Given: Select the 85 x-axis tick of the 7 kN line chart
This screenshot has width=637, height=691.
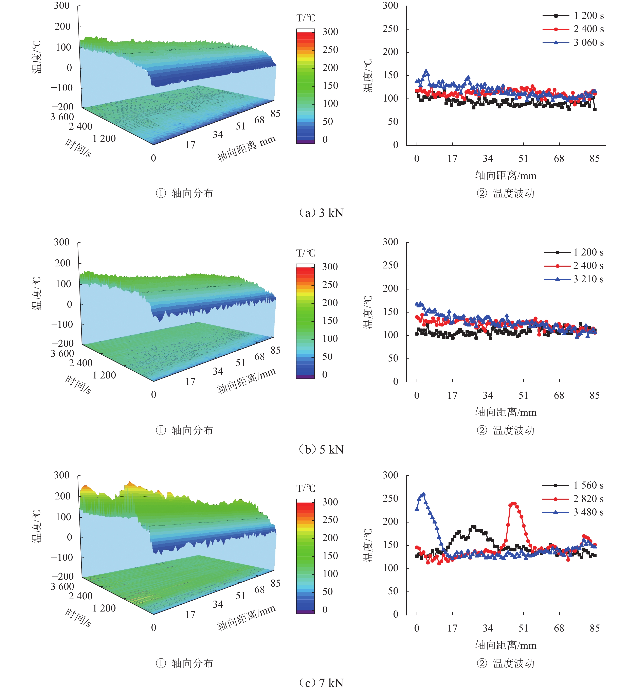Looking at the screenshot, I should pyautogui.click(x=595, y=628).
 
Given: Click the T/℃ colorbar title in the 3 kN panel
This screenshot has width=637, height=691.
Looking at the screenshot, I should pyautogui.click(x=306, y=18).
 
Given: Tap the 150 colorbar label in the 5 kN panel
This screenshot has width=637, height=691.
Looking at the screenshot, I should pyautogui.click(x=330, y=321).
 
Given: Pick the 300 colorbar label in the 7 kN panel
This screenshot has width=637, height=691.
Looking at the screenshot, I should pyautogui.click(x=330, y=502).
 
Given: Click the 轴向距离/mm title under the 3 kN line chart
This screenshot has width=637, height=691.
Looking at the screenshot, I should pyautogui.click(x=506, y=176).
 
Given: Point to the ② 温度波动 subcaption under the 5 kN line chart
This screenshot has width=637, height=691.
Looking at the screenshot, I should pyautogui.click(x=506, y=430).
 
